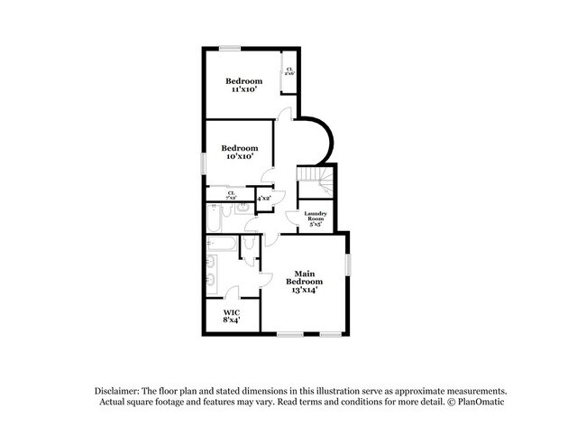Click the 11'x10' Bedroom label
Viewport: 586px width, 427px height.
tap(243, 85)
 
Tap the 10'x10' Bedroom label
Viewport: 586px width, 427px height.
tap(240, 152)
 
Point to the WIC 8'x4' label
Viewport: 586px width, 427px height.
tap(232, 315)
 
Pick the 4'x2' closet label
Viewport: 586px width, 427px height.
tap(264, 198)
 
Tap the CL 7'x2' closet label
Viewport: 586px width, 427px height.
tap(231, 193)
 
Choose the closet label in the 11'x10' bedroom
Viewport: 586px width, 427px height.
tap(289, 70)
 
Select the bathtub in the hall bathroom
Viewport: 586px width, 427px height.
tap(214, 217)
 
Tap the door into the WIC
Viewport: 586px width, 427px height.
tap(231, 292)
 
